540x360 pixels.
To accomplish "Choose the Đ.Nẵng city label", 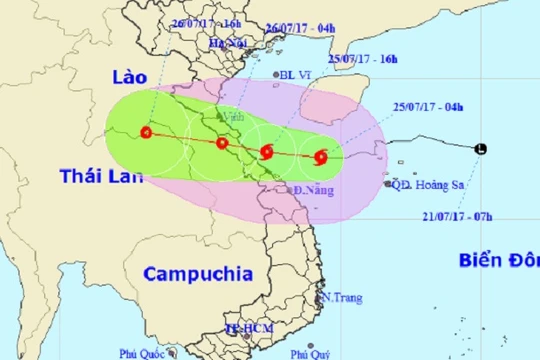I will pos(312,190).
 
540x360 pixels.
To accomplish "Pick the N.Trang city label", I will pos(342,298).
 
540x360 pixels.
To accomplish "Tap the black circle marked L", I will pos(482,149).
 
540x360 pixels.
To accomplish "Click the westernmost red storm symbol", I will pos(148,132).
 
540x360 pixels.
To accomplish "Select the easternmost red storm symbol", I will pos(320,156).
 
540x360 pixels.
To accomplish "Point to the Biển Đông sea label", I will pos(498,261).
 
